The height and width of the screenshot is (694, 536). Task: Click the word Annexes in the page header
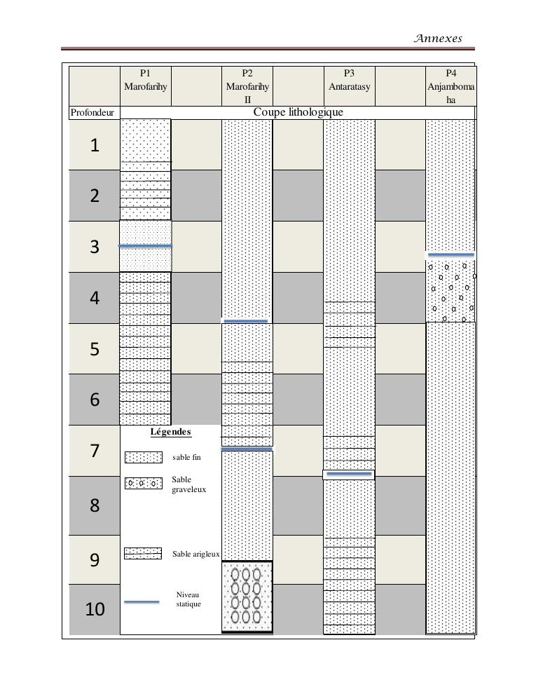pyautogui.click(x=438, y=39)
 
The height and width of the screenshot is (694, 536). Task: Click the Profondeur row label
pyautogui.click(x=92, y=112)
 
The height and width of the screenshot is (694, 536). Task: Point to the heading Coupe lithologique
pyautogui.click(x=298, y=112)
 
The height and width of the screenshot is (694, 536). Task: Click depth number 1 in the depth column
pyautogui.click(x=95, y=145)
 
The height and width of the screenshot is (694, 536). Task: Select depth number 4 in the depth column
pyautogui.click(x=95, y=298)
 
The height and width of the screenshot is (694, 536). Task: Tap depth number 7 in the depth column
pyautogui.click(x=95, y=451)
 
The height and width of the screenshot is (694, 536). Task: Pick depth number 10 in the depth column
pyautogui.click(x=95, y=609)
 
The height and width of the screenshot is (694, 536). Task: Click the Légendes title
pyautogui.click(x=170, y=432)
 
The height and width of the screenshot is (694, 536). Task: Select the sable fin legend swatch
pyautogui.click(x=143, y=458)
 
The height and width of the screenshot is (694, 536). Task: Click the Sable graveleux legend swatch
pyautogui.click(x=143, y=484)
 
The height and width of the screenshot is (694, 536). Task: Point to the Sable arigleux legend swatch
pyautogui.click(x=143, y=554)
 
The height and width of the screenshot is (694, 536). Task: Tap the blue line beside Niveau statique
pyautogui.click(x=141, y=601)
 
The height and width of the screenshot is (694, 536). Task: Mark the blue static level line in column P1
pyautogui.click(x=145, y=246)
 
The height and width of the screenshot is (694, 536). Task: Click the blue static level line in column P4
pyautogui.click(x=451, y=254)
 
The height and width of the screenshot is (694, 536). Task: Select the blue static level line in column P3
pyautogui.click(x=349, y=474)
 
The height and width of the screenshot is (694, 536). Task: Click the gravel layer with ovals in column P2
pyautogui.click(x=247, y=597)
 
